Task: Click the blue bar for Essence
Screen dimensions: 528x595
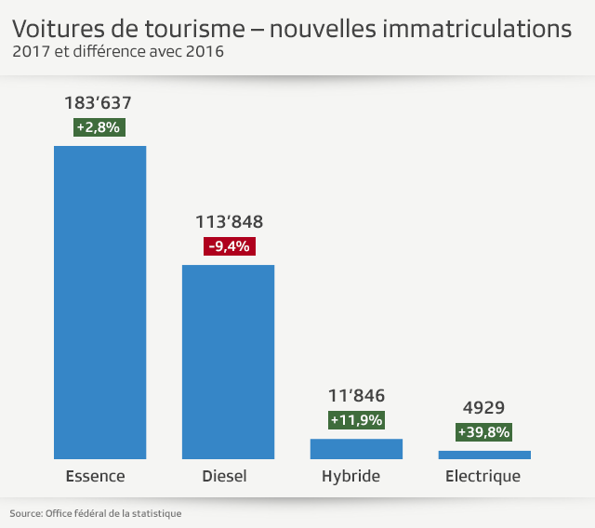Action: (99, 302)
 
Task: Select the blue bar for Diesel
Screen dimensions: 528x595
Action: (228, 362)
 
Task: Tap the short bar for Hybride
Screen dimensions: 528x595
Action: (356, 449)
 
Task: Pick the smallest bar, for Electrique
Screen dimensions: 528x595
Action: (484, 455)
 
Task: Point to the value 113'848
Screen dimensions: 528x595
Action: (228, 222)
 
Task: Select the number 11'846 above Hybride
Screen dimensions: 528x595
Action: (356, 396)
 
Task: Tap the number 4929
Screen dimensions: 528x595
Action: (483, 408)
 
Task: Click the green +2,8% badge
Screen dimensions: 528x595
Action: (98, 128)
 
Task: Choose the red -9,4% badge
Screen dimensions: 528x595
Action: (228, 246)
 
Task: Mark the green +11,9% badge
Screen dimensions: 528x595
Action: (356, 420)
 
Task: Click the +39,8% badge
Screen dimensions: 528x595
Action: (484, 432)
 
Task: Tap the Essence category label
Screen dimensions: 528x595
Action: (95, 477)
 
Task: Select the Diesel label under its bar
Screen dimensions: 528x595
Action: (224, 477)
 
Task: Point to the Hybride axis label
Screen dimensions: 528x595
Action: (351, 477)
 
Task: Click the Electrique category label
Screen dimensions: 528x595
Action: (483, 477)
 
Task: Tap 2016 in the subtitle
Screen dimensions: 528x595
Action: (202, 51)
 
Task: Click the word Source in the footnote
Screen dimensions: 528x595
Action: (24, 513)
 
